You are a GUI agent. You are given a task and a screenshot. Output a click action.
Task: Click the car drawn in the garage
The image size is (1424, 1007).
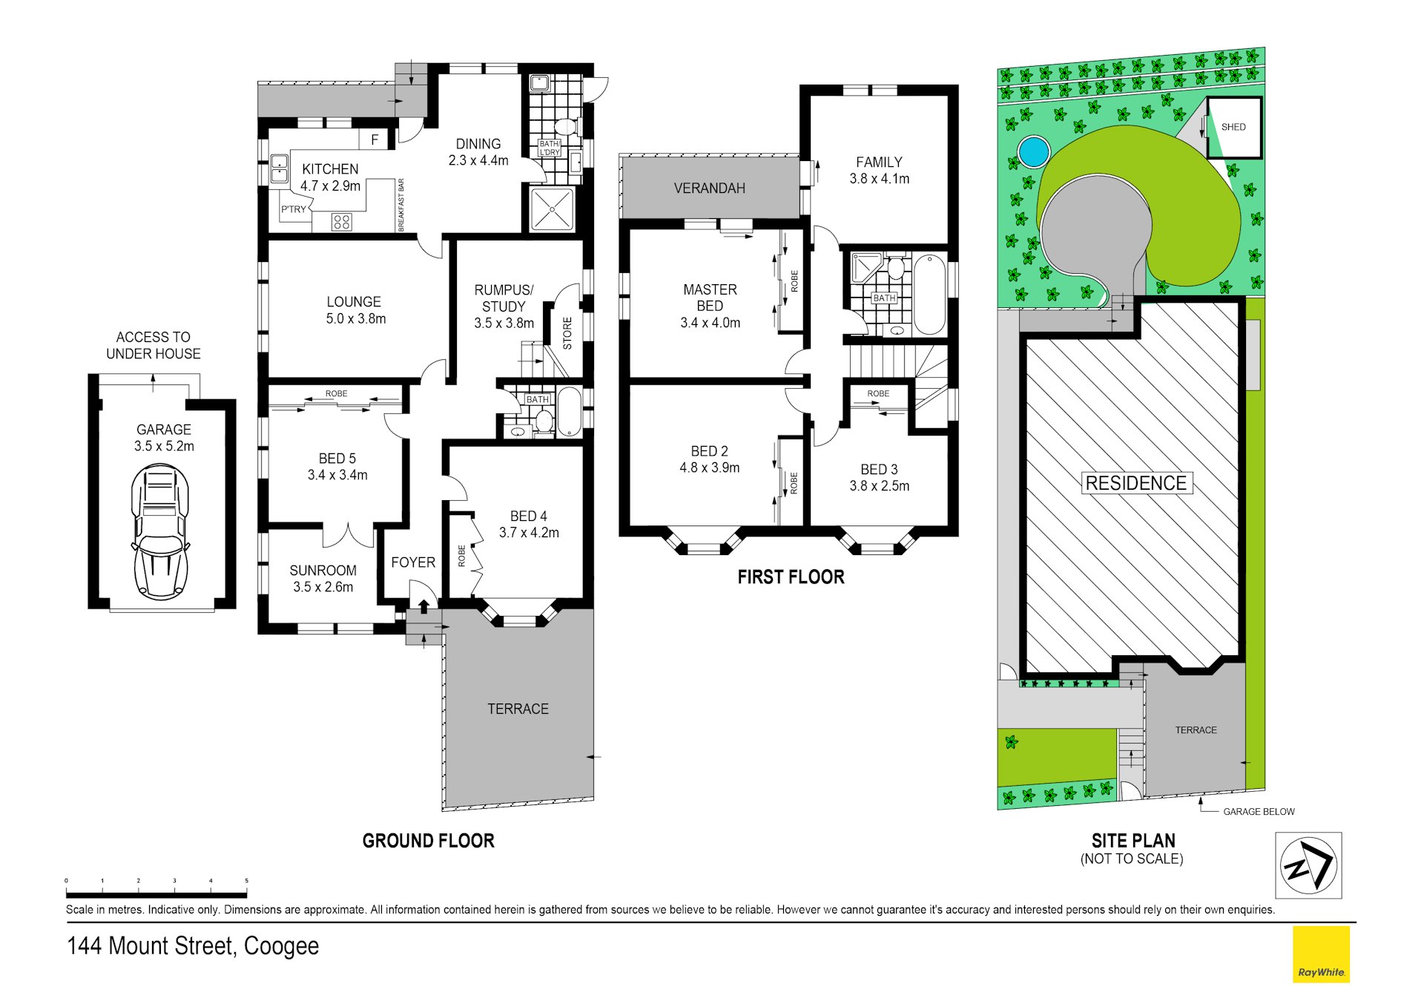click(160, 531)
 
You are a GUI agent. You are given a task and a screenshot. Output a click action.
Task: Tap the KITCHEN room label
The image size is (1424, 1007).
click(330, 169)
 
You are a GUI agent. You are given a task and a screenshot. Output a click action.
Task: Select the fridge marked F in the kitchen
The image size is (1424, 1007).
click(375, 139)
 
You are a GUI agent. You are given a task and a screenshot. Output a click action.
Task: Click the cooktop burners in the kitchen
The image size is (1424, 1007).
click(341, 221)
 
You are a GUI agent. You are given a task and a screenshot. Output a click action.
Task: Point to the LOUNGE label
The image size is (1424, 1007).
click(354, 302)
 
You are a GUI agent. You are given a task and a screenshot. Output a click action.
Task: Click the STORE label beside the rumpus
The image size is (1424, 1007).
click(567, 333)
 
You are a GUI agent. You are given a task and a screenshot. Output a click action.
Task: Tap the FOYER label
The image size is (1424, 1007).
click(413, 562)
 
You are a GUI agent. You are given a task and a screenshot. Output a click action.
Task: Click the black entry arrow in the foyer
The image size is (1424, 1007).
click(423, 606)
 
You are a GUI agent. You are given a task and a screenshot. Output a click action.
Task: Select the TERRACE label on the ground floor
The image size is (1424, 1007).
click(518, 709)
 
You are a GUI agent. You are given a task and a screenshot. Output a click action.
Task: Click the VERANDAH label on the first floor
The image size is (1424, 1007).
click(710, 188)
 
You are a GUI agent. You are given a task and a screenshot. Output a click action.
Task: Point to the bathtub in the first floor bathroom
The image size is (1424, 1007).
click(929, 294)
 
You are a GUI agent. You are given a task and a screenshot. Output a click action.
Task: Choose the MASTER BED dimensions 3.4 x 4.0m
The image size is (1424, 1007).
click(711, 323)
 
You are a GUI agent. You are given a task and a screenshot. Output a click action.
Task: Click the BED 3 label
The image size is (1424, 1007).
click(879, 470)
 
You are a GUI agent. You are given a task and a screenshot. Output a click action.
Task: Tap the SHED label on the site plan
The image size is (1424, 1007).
click(1233, 127)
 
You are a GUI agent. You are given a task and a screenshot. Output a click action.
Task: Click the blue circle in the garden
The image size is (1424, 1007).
click(1033, 151)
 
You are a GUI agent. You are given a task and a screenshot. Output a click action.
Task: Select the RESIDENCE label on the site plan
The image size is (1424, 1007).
click(1136, 483)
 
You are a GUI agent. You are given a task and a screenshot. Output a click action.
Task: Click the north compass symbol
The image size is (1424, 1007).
click(1308, 865)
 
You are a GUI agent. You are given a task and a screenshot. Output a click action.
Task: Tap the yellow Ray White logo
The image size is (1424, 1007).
click(1321, 954)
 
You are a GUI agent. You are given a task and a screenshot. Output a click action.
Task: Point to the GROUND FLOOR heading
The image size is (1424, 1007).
click(428, 841)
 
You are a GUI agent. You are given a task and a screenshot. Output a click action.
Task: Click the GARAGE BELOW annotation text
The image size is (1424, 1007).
click(1259, 812)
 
